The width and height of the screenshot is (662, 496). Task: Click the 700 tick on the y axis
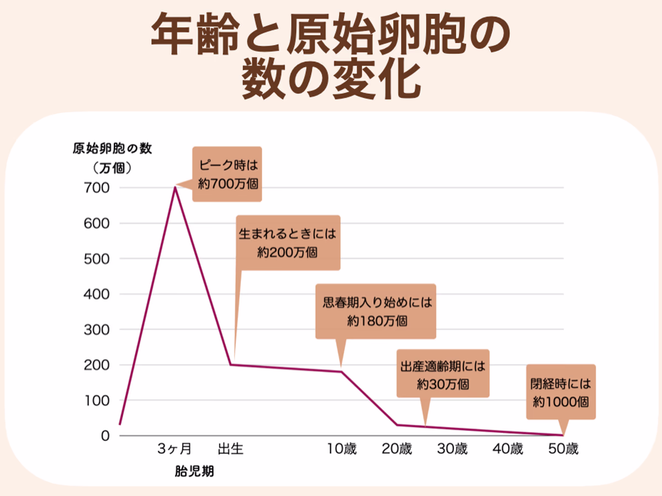coord(98,188)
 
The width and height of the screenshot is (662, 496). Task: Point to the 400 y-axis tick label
coord(98,294)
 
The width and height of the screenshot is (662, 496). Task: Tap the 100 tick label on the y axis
coord(98,400)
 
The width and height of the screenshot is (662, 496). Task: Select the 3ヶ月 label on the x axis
coord(174,449)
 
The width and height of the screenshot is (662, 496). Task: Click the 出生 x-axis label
coord(231,449)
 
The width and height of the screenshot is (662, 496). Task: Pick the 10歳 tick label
coord(341,449)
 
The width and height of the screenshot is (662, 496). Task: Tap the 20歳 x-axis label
coord(397,449)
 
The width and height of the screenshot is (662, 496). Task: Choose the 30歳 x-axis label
coord(452,449)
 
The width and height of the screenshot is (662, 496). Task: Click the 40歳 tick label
coord(508,449)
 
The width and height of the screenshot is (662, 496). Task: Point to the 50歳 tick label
coord(563,449)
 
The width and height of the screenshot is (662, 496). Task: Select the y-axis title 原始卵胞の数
coord(112,149)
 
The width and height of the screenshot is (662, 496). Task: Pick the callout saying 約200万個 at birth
coord(287,242)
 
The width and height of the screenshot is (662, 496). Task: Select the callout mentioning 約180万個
coord(376,311)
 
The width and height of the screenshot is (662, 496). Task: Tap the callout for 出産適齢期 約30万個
coord(442,374)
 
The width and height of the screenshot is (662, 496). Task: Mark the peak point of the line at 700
coord(175,187)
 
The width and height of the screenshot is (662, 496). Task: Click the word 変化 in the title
coord(381,81)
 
